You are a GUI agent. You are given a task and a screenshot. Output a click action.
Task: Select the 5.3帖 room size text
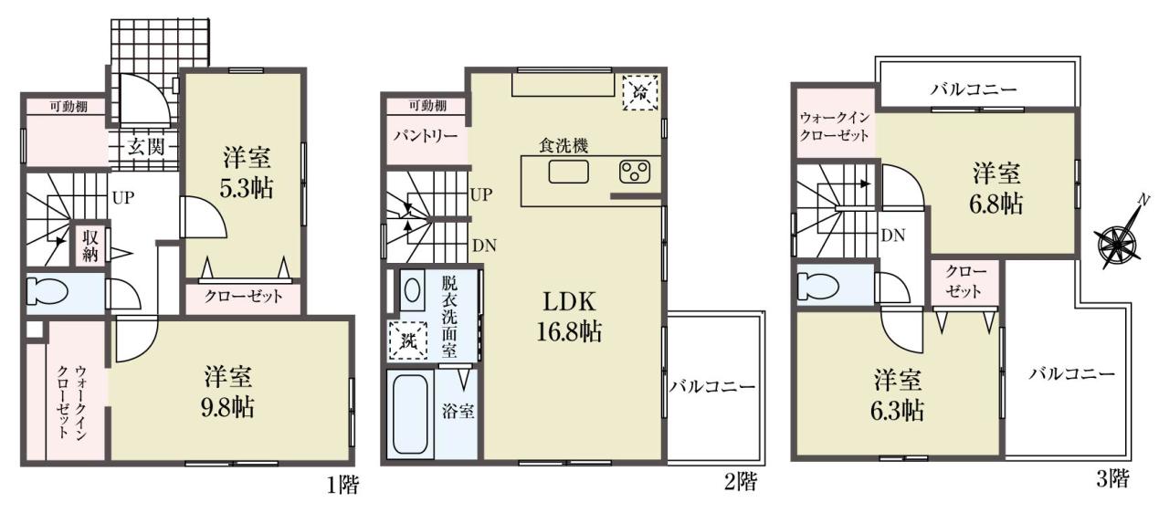tap(247, 189)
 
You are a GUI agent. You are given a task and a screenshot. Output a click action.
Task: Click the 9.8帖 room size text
tap(228, 408)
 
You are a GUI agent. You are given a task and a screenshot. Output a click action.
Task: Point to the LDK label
tap(569, 302)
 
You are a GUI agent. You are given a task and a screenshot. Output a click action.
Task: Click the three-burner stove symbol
tap(635, 172)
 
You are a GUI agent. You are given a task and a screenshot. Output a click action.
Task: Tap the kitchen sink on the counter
tap(568, 172)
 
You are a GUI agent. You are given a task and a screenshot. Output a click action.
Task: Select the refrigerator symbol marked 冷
tap(640, 93)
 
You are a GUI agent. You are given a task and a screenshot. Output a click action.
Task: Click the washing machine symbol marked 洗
tap(408, 340)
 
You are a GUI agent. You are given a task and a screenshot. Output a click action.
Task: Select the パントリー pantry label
tap(426, 137)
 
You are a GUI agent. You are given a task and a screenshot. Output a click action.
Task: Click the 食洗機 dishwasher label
tap(563, 145)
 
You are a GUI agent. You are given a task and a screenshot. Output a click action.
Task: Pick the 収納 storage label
tap(90, 246)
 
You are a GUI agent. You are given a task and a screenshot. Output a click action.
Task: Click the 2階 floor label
tap(741, 482)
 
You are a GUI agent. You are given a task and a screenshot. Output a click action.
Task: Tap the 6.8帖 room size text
tap(995, 204)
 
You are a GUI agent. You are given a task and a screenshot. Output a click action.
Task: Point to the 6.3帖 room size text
tap(897, 411)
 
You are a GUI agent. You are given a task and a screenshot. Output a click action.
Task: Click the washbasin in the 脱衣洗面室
tap(412, 290)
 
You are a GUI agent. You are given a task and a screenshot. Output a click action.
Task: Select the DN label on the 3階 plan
tap(893, 236)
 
